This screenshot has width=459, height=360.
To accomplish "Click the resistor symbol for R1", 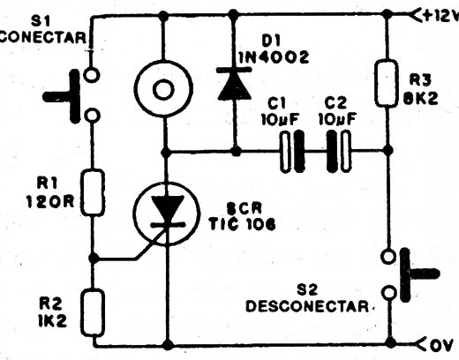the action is [x=93, y=192].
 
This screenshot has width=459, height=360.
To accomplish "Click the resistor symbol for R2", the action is [x=93, y=312].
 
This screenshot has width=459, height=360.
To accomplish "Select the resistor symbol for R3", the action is [x=387, y=83].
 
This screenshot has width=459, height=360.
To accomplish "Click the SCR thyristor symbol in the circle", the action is [x=167, y=214].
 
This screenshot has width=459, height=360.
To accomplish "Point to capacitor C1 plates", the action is [x=292, y=151].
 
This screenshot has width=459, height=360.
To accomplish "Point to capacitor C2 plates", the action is [x=339, y=151].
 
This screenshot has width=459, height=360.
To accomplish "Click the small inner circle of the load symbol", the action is [x=163, y=89].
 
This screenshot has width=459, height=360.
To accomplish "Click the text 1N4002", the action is [x=274, y=57].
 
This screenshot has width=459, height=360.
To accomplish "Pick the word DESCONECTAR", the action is [x=307, y=306].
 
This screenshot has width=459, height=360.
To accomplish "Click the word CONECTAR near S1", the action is [x=42, y=38].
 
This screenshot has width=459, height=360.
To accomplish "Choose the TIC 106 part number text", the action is [x=242, y=224].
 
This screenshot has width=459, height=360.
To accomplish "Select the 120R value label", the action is [x=50, y=202].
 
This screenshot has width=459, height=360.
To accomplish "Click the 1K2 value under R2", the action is [x=52, y=321].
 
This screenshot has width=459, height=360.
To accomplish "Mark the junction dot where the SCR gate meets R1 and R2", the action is [x=94, y=259].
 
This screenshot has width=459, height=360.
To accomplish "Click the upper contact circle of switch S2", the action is [x=388, y=256].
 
